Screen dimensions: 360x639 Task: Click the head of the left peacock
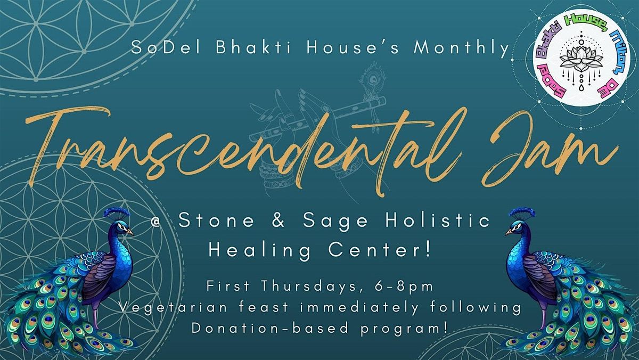click(x=118, y=228)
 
